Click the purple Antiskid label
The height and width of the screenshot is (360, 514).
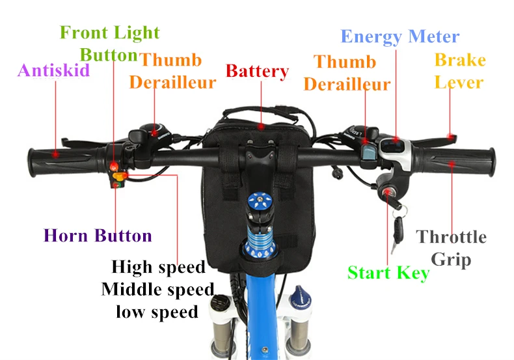(x=53, y=70)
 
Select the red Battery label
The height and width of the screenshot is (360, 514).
(x=257, y=71)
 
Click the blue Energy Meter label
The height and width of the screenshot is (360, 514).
(x=399, y=36)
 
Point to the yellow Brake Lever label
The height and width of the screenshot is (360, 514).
(x=459, y=71)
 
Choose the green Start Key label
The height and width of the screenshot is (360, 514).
(x=388, y=273)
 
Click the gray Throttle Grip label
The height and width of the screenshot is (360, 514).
(x=451, y=247)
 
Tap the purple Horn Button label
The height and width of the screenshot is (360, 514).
(x=98, y=236)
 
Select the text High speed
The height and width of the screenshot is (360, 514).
(x=158, y=267)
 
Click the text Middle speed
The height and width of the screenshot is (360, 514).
(x=157, y=289)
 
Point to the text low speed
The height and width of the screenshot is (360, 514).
(x=157, y=312)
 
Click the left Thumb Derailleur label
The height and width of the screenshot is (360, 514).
(x=172, y=71)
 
